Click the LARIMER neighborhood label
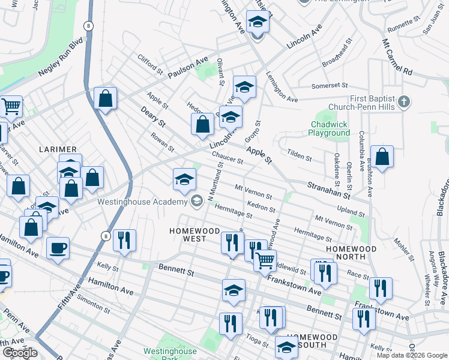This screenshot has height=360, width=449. [59, 149]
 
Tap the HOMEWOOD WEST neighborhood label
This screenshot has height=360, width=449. [187, 235]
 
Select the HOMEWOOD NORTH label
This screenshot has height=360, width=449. [351, 253]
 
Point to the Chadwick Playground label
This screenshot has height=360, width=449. [330, 128]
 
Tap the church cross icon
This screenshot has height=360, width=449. [404, 101]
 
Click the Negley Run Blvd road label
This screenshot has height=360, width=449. [59, 59]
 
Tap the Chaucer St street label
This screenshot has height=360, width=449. [228, 157]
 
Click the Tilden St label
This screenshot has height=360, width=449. [300, 156]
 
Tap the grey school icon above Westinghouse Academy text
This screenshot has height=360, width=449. [196, 201]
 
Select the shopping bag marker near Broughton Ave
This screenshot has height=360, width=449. [382, 157]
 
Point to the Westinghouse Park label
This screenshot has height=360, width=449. [170, 355]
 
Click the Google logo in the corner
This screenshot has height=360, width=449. [20, 353]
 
